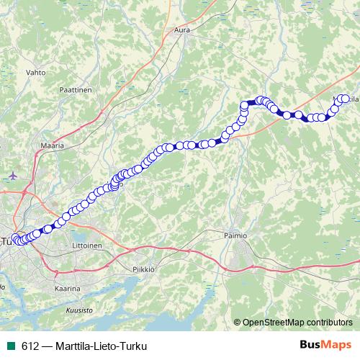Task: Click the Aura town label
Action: point(181,30)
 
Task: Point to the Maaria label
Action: point(52,145)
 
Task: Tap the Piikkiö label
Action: point(145,269)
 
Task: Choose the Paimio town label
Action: point(235,235)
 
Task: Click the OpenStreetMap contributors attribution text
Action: point(298,322)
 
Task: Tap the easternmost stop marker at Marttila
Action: point(346,99)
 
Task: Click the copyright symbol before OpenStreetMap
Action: point(237,322)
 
